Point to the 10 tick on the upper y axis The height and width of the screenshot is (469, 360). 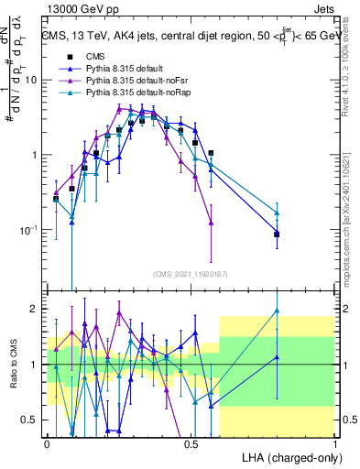[x=32, y=80]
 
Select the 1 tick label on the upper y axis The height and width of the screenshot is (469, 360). [x=36, y=155]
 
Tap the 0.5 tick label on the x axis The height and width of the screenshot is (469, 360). [x=191, y=444]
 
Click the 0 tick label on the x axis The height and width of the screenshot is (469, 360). [x=47, y=444]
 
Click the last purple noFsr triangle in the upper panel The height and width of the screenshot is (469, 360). [x=212, y=223]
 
